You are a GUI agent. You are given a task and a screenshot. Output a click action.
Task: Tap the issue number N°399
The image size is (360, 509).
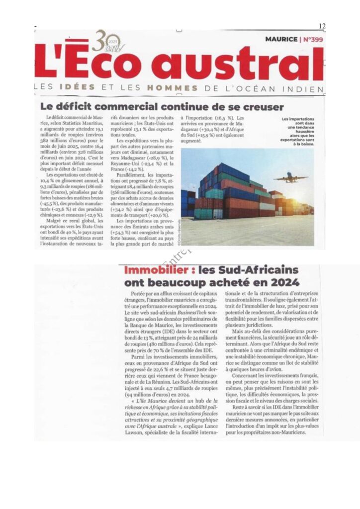tap(312, 39)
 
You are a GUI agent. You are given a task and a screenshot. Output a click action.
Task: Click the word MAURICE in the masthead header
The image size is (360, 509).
tap(281, 39)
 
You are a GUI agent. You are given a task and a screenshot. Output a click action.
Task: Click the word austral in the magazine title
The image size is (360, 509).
tap(249, 65)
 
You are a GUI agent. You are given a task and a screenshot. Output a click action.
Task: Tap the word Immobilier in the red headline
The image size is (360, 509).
tap(156, 271)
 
